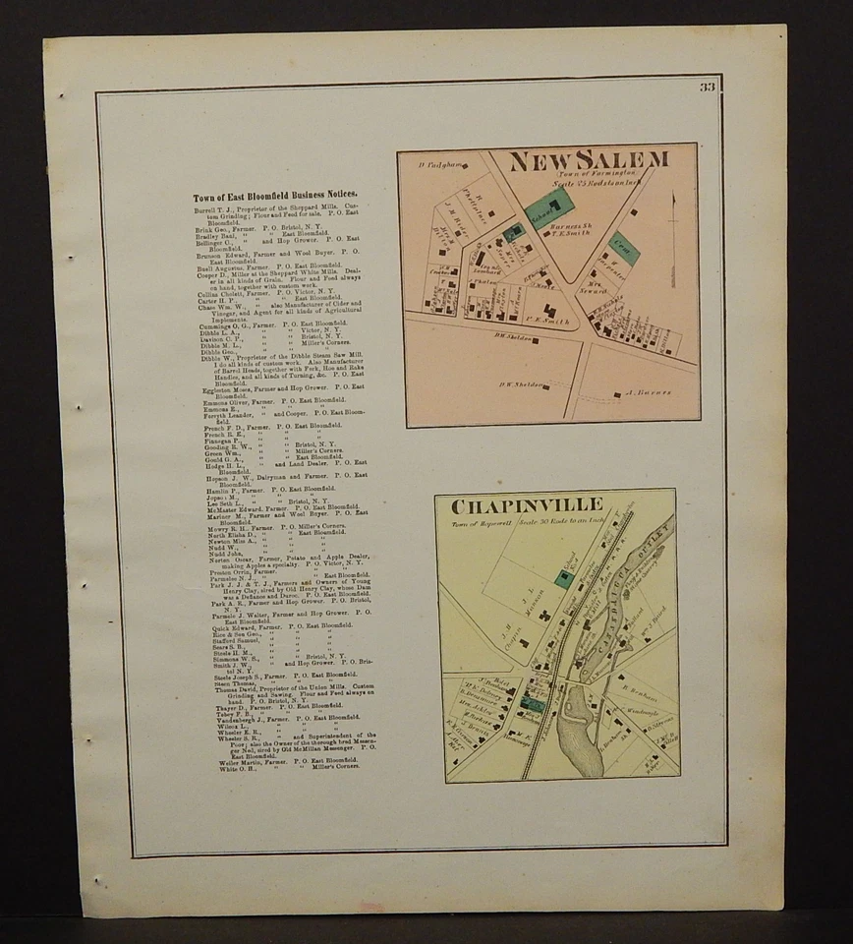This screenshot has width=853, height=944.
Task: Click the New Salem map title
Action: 589,160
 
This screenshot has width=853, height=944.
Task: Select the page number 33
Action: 708,88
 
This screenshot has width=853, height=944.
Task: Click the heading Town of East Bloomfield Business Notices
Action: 275,197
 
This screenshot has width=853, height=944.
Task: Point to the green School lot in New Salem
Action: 548,206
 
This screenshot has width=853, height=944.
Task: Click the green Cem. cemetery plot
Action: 622,247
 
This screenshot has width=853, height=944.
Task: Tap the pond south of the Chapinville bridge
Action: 580,733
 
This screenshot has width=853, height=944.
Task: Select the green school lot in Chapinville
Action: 564,579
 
